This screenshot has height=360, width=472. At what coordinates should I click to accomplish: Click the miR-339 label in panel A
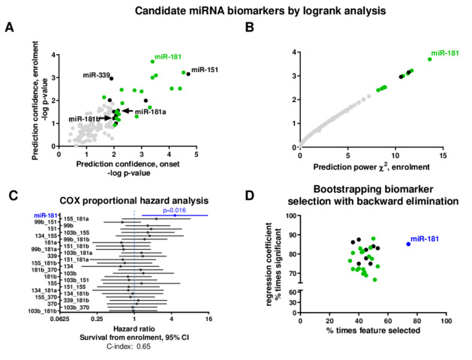pyautogui.click(x=96, y=74)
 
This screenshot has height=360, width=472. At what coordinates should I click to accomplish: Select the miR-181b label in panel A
pyautogui.click(x=84, y=118)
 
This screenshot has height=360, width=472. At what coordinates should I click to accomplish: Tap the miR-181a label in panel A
pyautogui.click(x=150, y=111)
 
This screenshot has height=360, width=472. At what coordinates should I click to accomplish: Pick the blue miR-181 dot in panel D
pyautogui.click(x=408, y=244)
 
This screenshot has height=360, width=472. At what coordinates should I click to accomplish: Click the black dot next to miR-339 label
pyautogui.click(x=112, y=78)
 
